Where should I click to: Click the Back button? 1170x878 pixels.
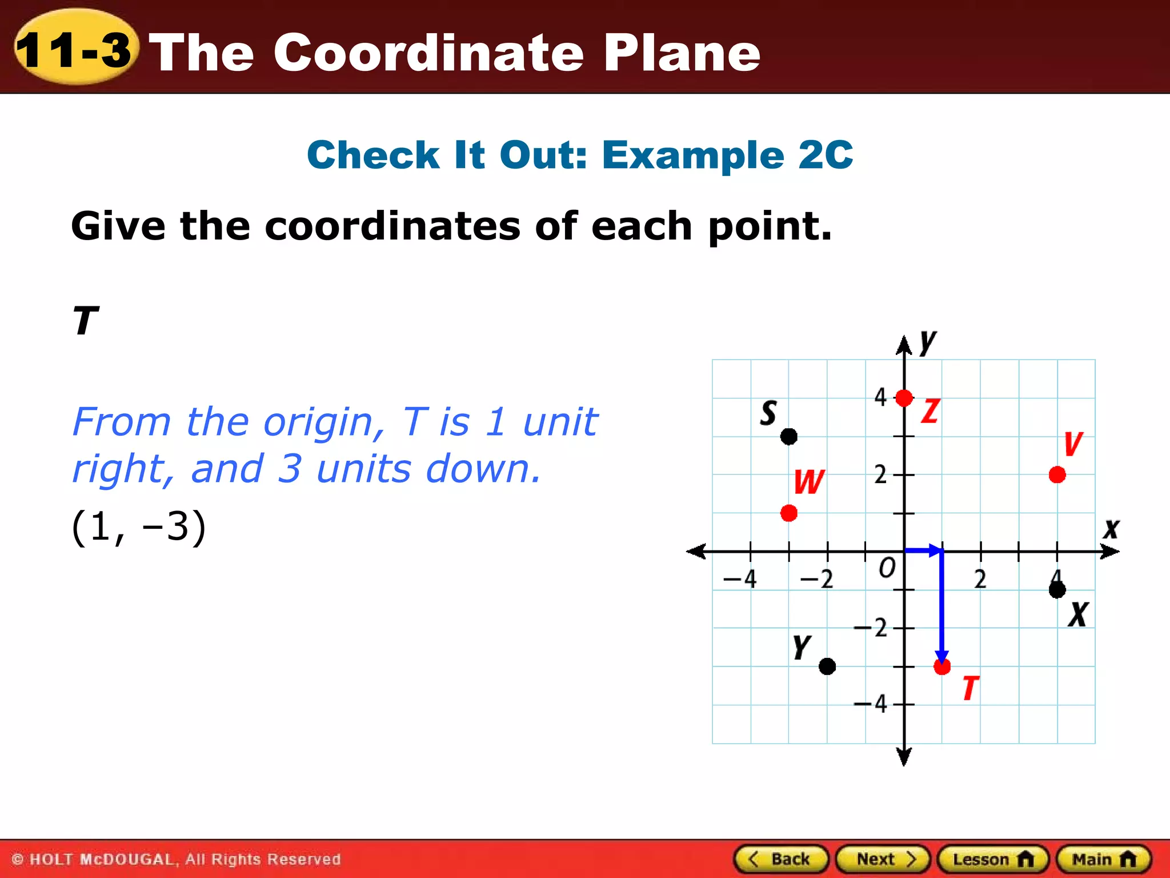click(781, 859)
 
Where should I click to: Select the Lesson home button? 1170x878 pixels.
click(993, 859)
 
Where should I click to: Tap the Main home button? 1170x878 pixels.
click(1104, 859)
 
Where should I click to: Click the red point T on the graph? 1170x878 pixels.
click(942, 667)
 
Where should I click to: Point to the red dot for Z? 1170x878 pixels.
click(904, 398)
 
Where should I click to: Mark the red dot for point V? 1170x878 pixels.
click(1057, 474)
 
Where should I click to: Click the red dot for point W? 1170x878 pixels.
click(789, 513)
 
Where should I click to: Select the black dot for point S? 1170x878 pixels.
click(789, 437)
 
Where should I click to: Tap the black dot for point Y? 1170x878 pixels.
click(827, 667)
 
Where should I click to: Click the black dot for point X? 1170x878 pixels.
click(1057, 590)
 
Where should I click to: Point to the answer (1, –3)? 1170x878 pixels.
click(138, 526)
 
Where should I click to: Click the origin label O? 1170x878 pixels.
click(887, 568)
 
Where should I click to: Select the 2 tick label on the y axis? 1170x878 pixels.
click(880, 474)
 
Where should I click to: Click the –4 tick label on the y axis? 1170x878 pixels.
click(872, 704)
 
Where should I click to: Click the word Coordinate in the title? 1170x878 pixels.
click(428, 53)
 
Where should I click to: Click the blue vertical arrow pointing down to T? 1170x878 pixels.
click(942, 606)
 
